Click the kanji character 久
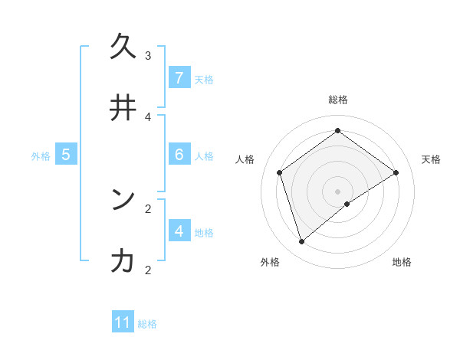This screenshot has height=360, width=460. coord(123,47)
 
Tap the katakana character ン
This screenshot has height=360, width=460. coord(123,200)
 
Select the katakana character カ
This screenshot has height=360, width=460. coord(123,261)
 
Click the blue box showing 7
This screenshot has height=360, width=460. coord(179,78)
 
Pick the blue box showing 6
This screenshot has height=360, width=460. coord(179,155)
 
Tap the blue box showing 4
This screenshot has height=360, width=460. coord(179,231)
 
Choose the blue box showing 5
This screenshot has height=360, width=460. coord(66,155)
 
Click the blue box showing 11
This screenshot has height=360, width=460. coord(123,322)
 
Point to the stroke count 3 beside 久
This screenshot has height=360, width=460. coord(148,55)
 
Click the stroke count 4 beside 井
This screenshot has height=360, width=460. coord(148,116)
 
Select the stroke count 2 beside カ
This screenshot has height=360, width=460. coord(148,270)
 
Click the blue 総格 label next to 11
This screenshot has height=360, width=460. coord(147,324)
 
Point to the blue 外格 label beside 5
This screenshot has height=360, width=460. coord(41,155)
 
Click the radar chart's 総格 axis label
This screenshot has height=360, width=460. coord(338,100)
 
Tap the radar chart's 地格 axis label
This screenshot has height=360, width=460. coord(402,262)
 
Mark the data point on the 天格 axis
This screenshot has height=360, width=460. coord(396,172)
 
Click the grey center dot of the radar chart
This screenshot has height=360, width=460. coord(338,191)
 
